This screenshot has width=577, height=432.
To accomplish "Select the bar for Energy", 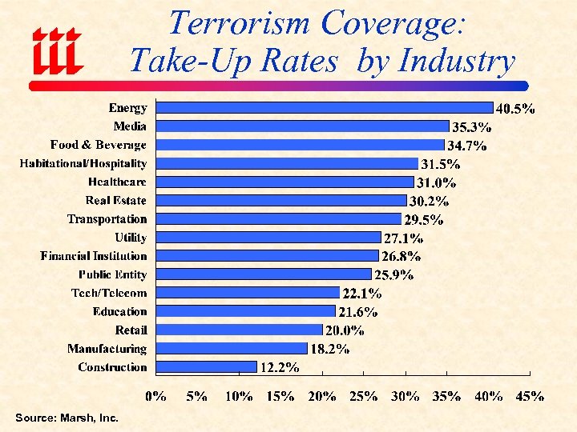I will pos(325,107).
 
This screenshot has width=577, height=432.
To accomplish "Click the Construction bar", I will pos(207,366).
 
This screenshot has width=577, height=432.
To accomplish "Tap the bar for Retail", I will pos(239,330).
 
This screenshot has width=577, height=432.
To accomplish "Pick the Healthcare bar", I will pos(284,182).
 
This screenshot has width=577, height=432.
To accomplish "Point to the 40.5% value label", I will pos(516,109).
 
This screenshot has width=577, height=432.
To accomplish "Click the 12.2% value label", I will pos(280,368).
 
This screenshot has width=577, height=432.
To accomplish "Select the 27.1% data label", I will pos(403,238).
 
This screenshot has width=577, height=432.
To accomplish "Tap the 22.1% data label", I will pos(361,294).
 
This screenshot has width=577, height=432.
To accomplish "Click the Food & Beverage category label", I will pos(99,145).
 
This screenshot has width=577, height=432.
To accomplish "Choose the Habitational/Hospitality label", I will pos(83,163).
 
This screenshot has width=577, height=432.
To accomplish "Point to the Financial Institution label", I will pos(94,256).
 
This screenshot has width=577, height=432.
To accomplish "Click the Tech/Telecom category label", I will pos(109,293).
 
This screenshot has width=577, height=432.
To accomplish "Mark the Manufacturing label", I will pos(107,349).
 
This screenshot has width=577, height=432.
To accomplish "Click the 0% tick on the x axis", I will pos(155,395).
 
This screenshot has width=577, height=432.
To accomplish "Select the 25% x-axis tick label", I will pos(364,395).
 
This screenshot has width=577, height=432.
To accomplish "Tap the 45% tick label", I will pos(531,395).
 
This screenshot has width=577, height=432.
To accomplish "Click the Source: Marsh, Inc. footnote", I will pos(67,418).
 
